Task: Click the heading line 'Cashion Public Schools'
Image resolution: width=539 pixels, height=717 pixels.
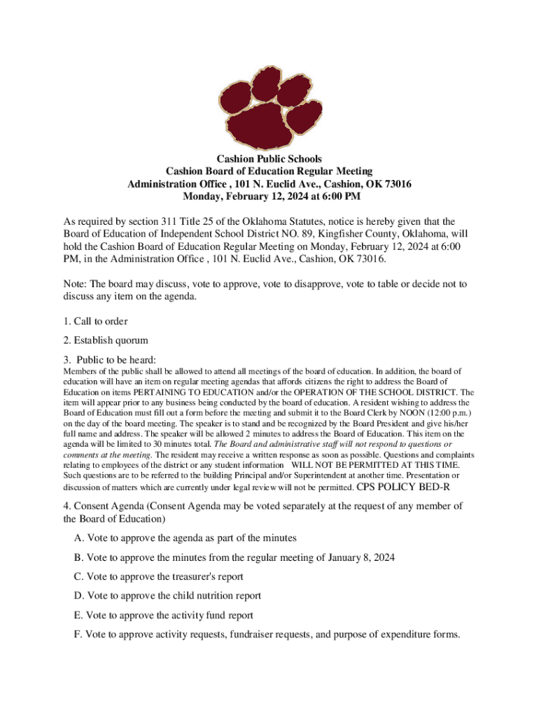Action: (x=269, y=160)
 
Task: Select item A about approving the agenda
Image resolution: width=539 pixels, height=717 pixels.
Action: (x=185, y=538)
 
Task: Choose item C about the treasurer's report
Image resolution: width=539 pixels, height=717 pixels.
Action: (x=158, y=576)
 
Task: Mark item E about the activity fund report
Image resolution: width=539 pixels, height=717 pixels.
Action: (x=163, y=615)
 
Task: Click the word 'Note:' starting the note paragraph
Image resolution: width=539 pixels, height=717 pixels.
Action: (x=75, y=284)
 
